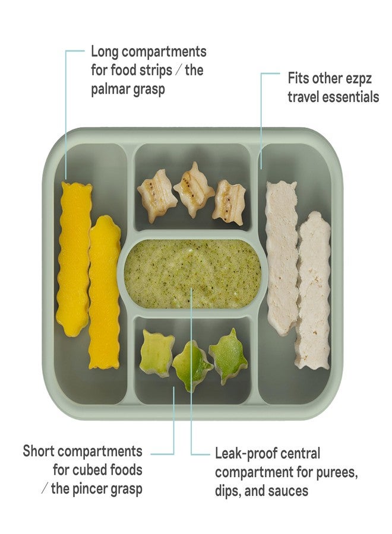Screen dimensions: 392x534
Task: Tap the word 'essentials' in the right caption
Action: (350, 97)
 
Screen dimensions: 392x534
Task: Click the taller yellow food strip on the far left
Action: (74, 259)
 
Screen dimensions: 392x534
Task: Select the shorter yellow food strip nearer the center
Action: (105, 292)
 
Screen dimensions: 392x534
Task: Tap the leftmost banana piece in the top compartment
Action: (157, 196)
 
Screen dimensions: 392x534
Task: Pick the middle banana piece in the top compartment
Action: (194, 190)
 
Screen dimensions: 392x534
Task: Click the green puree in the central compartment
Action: (192, 274)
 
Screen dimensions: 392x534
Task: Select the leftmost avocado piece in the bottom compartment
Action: (157, 353)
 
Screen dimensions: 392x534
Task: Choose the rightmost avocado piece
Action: (228, 356)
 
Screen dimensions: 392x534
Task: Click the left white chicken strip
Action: (282, 258)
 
